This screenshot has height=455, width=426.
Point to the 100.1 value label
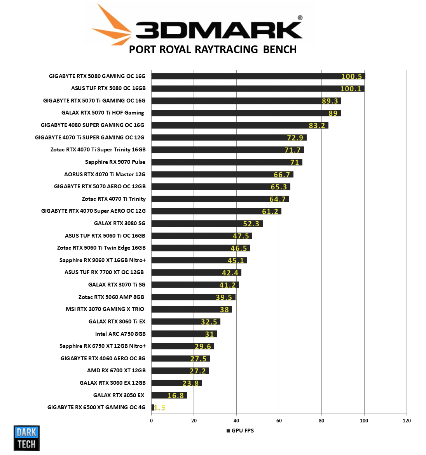[351, 89]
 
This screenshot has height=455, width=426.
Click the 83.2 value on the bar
[317, 125]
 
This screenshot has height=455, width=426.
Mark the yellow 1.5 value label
[160, 408]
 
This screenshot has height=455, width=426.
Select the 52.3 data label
[251, 224]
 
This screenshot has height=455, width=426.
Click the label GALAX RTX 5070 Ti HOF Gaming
[103, 113]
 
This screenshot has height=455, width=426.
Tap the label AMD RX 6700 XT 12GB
[116, 370]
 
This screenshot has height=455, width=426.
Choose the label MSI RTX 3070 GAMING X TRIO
[105, 309]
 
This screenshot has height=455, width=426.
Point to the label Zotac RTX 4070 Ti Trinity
[113, 199]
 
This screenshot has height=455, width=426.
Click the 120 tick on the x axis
[407, 421]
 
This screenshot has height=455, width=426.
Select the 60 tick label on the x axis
[279, 421]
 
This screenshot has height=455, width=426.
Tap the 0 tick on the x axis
[151, 421]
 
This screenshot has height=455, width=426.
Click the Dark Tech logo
[26, 438]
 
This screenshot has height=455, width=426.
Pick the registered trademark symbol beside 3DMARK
[300, 17]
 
